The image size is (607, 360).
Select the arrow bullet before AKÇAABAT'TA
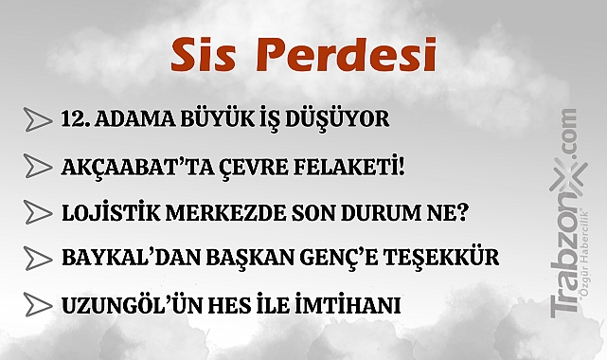click(x=37, y=167)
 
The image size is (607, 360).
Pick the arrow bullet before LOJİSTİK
click(x=37, y=212)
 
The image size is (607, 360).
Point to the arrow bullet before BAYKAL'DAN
click(x=37, y=258)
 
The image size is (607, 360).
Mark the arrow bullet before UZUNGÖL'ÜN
click(x=37, y=304)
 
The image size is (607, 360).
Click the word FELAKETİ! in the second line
click(x=350, y=167)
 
